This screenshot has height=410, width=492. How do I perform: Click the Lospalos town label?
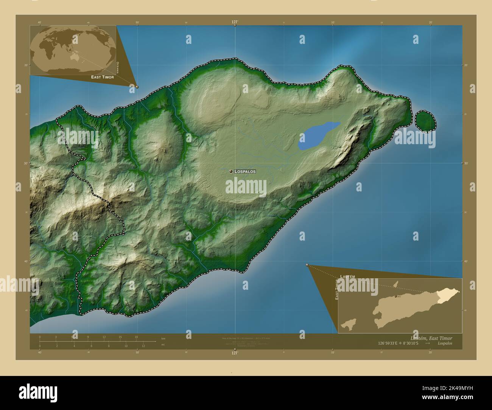coord(245,171)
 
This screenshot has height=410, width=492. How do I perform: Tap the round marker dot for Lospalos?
coord(230,171)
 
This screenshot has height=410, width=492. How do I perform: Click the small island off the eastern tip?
coord(425,120)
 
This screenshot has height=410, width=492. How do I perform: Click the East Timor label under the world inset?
coord(102,77)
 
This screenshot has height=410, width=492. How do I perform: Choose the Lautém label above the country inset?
coord(347,277)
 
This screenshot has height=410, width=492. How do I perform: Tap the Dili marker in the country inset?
coord(395,297)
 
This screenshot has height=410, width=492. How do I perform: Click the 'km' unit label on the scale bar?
coord(163,338)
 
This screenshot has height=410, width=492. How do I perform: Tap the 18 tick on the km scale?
coord(136,337)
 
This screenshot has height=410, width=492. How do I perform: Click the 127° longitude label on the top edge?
coord(235,22)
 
